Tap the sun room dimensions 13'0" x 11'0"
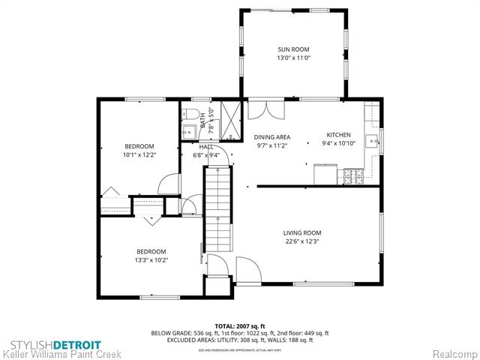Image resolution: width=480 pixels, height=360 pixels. coord(294,57)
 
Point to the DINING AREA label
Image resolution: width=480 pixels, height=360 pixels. coord(271,137)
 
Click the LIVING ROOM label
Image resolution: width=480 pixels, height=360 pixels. coord(302,232)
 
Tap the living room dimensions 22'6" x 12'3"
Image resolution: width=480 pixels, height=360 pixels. coord(302,241)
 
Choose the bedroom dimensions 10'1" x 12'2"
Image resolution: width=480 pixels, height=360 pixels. coord(139,155)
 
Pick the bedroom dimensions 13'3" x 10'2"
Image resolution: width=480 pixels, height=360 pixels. coord(151,260)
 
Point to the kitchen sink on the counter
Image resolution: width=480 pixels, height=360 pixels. coord(370,140)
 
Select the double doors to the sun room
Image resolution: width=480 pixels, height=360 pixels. coord(267,109)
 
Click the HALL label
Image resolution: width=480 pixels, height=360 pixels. coord(205,147)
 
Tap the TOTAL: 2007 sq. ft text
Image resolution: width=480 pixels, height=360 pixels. coord(240,326)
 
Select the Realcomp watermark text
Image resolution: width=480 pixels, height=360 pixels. coord(452,352)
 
